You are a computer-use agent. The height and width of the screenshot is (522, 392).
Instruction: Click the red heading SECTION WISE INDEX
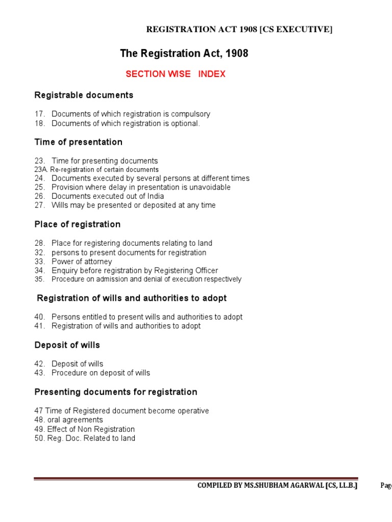pyautogui.click(x=175, y=74)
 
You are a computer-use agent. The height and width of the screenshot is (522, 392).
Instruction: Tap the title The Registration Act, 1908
pyautogui.click(x=184, y=53)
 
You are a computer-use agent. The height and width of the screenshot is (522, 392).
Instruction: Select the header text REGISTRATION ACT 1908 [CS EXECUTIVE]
pyautogui.click(x=239, y=30)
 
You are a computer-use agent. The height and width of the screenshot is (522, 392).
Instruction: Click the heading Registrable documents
pyautogui.click(x=84, y=95)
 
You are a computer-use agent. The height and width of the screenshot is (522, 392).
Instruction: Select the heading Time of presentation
pyautogui.click(x=78, y=142)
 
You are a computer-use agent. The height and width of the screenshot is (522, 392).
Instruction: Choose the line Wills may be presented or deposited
pyautogui.click(x=133, y=205)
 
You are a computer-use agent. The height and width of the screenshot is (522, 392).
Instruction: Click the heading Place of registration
pyautogui.click(x=77, y=225)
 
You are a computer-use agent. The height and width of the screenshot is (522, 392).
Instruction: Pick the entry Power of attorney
pyautogui.click(x=82, y=262)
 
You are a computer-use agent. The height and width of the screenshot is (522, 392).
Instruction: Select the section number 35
pyautogui.click(x=40, y=279)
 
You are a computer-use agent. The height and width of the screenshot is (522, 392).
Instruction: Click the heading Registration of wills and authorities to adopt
pyautogui.click(x=132, y=298)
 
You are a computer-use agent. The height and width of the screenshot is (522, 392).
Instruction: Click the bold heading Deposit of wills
pyautogui.click(x=67, y=346)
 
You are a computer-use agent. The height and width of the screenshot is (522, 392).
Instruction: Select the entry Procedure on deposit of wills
pyautogui.click(x=101, y=373)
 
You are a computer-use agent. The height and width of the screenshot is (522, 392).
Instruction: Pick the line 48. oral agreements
pyautogui.click(x=68, y=420)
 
